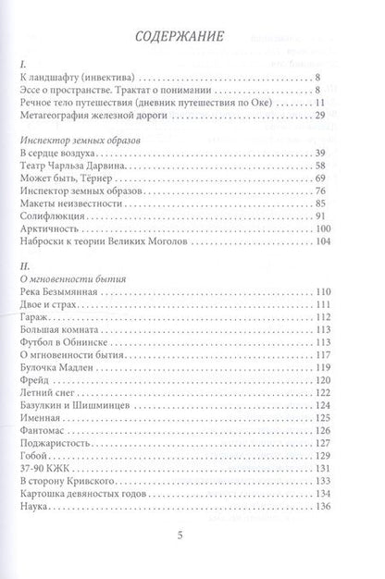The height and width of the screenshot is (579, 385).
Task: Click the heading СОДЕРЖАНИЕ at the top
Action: tap(193, 40)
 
